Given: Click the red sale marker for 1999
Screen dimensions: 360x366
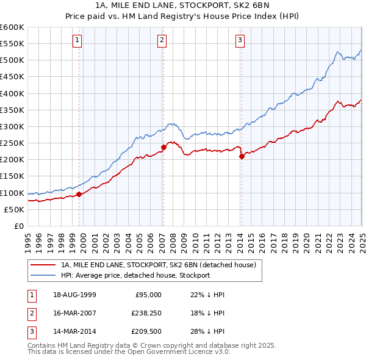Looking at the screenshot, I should click(x=79, y=195).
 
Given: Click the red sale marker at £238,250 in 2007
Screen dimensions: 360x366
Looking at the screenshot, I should click(x=163, y=147).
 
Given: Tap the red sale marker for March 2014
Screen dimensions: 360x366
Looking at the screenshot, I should click(x=242, y=157).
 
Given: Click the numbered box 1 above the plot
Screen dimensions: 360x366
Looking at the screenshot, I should click(x=77, y=41).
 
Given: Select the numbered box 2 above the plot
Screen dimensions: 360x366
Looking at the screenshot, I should click(x=162, y=41).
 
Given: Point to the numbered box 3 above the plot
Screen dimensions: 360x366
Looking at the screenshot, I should click(x=240, y=41).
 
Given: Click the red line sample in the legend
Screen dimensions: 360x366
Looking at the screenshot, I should click(x=42, y=265).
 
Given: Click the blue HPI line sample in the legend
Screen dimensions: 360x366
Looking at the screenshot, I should click(x=42, y=275).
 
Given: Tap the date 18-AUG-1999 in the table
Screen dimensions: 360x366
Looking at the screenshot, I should click(x=74, y=295).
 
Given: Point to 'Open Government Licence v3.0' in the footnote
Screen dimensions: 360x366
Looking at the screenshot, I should click(x=182, y=352).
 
